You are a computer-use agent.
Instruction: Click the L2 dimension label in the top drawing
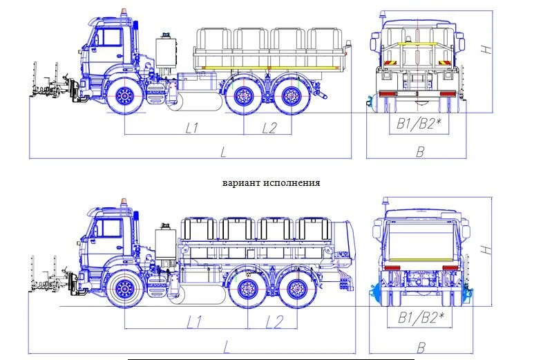coord(269,128)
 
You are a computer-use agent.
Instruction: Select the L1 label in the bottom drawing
coord(195,321)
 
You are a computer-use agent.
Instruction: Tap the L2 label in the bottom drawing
coord(274,321)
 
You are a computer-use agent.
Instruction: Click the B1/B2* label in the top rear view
coord(418,124)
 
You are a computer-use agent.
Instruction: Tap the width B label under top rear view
coord(419,151)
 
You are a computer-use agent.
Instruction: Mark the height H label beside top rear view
coord(487,50)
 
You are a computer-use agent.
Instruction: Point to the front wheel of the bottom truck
coord(125,290)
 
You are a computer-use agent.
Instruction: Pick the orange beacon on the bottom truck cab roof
coord(124,202)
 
